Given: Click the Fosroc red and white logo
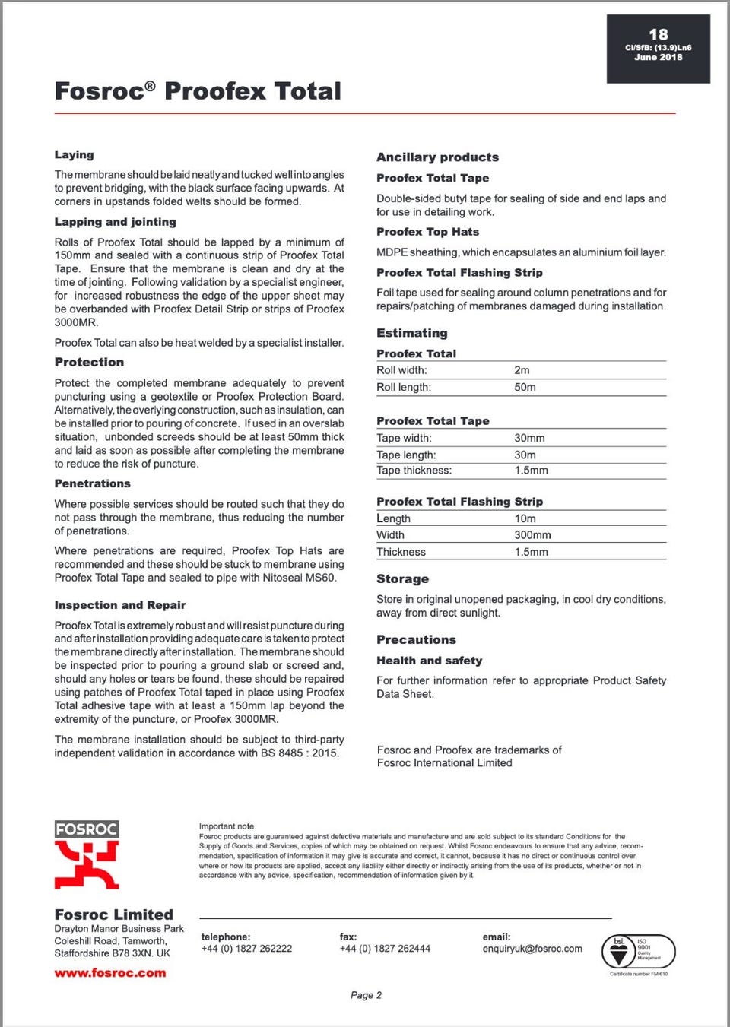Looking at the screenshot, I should coord(87,855).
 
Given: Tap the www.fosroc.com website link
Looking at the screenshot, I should coord(110,973).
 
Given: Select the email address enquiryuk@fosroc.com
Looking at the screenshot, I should coord(532,949).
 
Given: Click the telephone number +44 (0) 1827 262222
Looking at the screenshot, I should coord(246,949).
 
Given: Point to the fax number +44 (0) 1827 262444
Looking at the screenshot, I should coord(385,949).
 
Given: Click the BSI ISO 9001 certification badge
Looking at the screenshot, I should coord(639,952).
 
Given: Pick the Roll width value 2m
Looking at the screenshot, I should coord(522,370).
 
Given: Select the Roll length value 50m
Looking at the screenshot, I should coord(525,387).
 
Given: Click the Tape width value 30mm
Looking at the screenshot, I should coord(529,438).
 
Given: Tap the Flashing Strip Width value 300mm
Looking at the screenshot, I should coord(532,535).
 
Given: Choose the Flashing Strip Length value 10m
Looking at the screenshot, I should coord(525,518).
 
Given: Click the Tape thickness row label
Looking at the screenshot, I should coord(414,471).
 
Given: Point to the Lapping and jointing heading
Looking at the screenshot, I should coord(115,222).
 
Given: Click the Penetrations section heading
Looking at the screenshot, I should coord(92,483).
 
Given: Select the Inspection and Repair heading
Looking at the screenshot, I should coord(119,605).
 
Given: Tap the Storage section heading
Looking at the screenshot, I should coord(402,579).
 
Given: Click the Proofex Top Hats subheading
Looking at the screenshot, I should coord(427,232).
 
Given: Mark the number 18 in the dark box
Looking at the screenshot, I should coord(659,34).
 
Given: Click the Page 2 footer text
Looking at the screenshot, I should coord(366,995).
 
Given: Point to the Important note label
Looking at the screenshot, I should coord(227,826).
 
